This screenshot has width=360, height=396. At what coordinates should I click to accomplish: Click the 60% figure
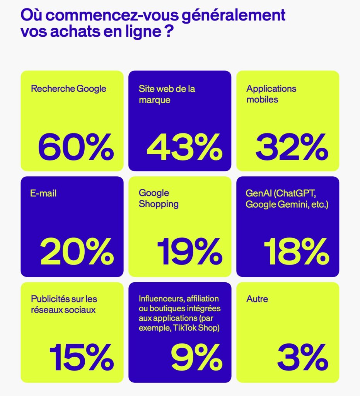coord(76,147)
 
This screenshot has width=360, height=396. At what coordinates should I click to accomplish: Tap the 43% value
coord(184,147)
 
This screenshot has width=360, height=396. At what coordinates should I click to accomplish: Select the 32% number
coord(292,147)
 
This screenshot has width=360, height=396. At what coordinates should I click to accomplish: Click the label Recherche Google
coord(68,89)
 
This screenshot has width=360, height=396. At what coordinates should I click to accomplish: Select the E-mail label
coord(44,193)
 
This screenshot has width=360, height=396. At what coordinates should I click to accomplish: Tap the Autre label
coord(257,299)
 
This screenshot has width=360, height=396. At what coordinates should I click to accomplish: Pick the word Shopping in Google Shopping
coord(159,204)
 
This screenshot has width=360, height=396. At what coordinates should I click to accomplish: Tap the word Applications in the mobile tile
coord(271,89)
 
